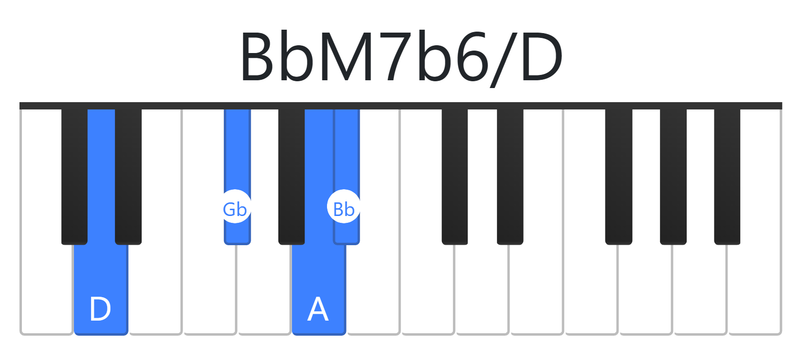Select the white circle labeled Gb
(x=235, y=206)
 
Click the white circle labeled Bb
(x=344, y=206)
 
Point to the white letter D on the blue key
(x=100, y=309)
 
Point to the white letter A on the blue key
(x=318, y=309)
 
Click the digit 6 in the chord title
(x=471, y=56)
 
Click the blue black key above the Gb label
(x=237, y=150)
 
